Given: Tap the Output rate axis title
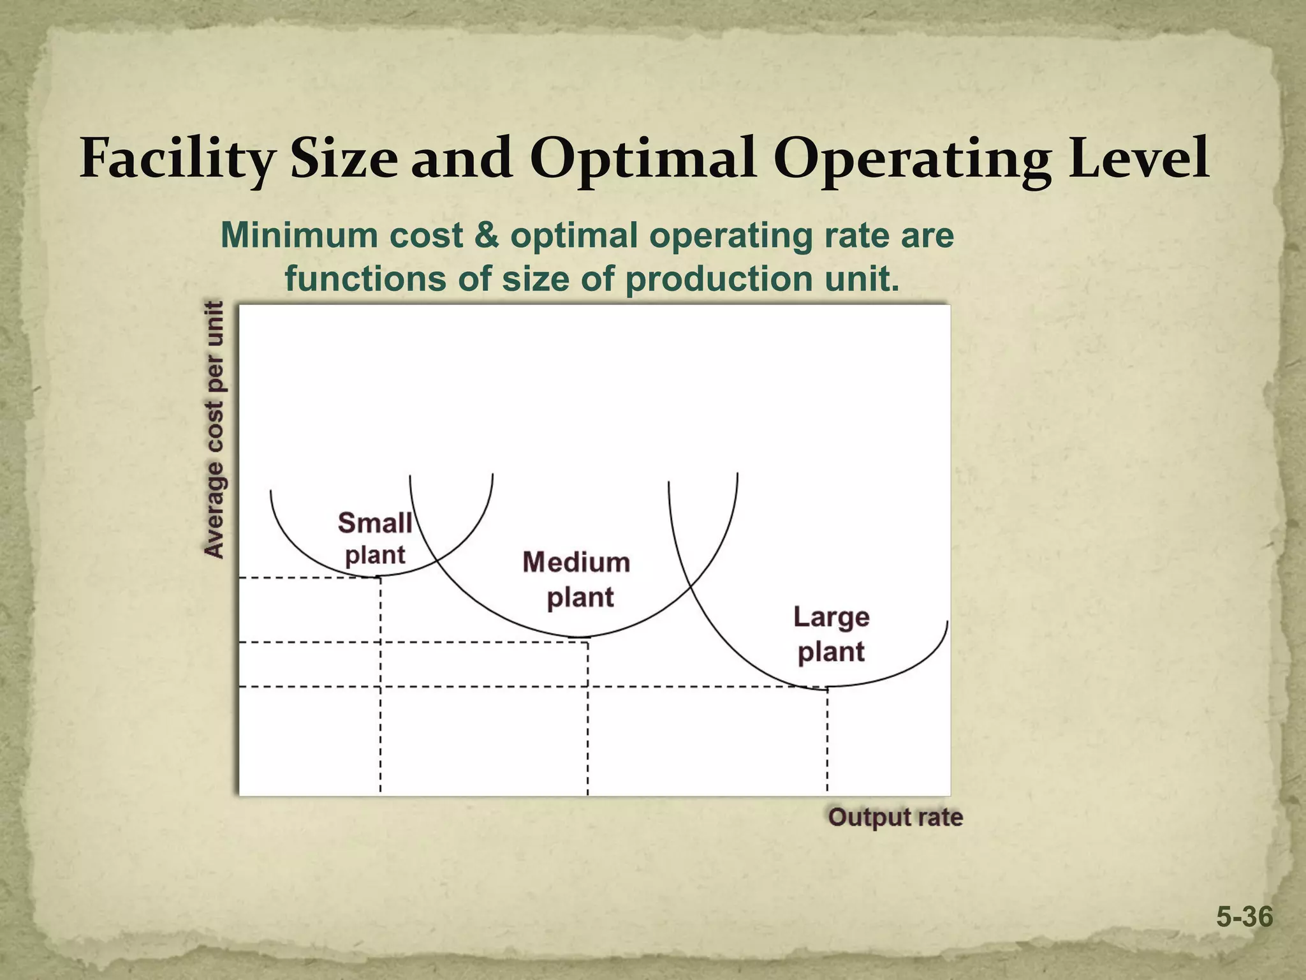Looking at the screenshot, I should pos(895,817).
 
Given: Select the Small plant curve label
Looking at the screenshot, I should pos(375,538).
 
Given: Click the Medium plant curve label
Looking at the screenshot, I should pos(576,579).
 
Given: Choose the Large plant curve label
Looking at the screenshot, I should pos(832,634).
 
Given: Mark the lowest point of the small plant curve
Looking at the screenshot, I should pos(380,576).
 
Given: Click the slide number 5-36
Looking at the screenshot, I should pos(1244,917).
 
